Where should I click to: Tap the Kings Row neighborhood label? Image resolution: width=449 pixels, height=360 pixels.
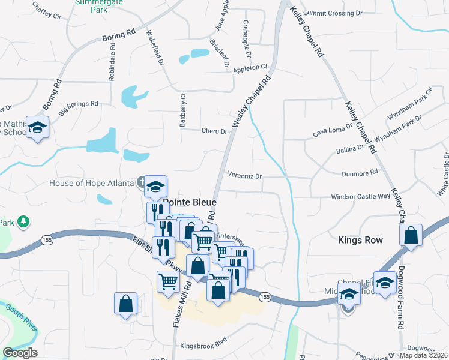coord(360,240)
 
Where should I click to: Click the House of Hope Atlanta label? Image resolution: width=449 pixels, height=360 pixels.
coord(91,182)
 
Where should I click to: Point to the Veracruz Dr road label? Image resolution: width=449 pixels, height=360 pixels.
coord(245,176)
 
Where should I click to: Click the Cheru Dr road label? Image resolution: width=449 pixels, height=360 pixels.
coord(215,131)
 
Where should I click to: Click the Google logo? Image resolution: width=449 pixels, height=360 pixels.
coord(19,352)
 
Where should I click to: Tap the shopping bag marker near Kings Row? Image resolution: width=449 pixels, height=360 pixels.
coord(411,235)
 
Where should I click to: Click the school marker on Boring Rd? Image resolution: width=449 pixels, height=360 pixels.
coord(38,128)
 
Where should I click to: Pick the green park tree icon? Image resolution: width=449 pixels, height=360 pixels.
coord(23,223)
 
